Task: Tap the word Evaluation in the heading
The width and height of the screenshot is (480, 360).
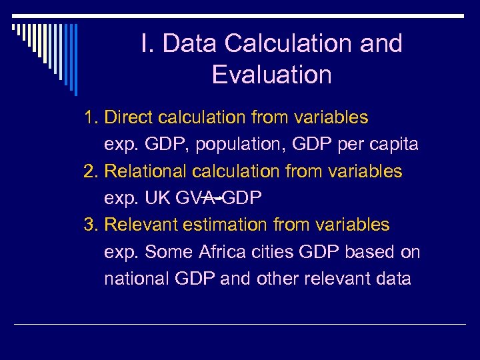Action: tap(271, 75)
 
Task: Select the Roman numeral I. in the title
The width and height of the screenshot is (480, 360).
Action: tap(148, 44)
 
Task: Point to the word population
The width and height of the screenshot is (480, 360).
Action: tap(214, 145)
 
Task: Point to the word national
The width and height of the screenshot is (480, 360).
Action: tap(137, 278)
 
